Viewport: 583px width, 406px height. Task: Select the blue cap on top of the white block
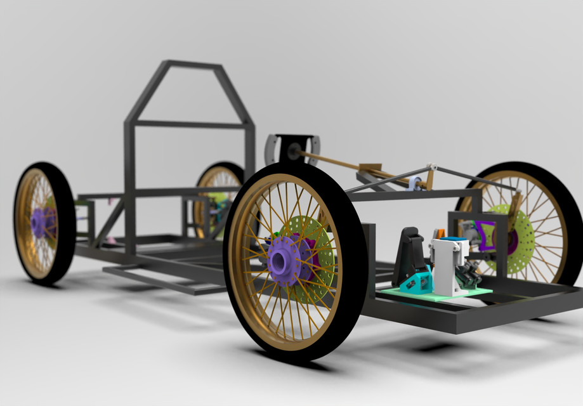point(452,240)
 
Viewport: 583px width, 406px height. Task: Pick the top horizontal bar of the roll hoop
point(193,65)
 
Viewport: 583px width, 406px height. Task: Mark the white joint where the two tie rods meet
point(432,166)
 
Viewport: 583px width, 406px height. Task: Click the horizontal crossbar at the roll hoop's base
point(190,124)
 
